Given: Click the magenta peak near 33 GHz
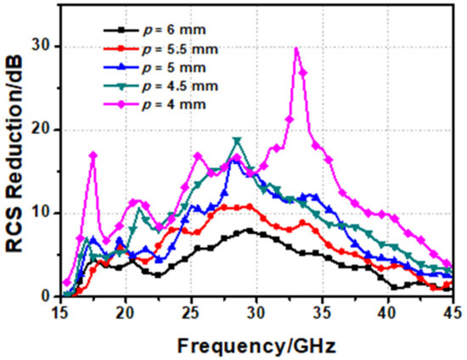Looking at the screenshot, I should [x=296, y=49].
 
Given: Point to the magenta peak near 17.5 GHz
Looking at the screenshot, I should [x=93, y=155].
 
